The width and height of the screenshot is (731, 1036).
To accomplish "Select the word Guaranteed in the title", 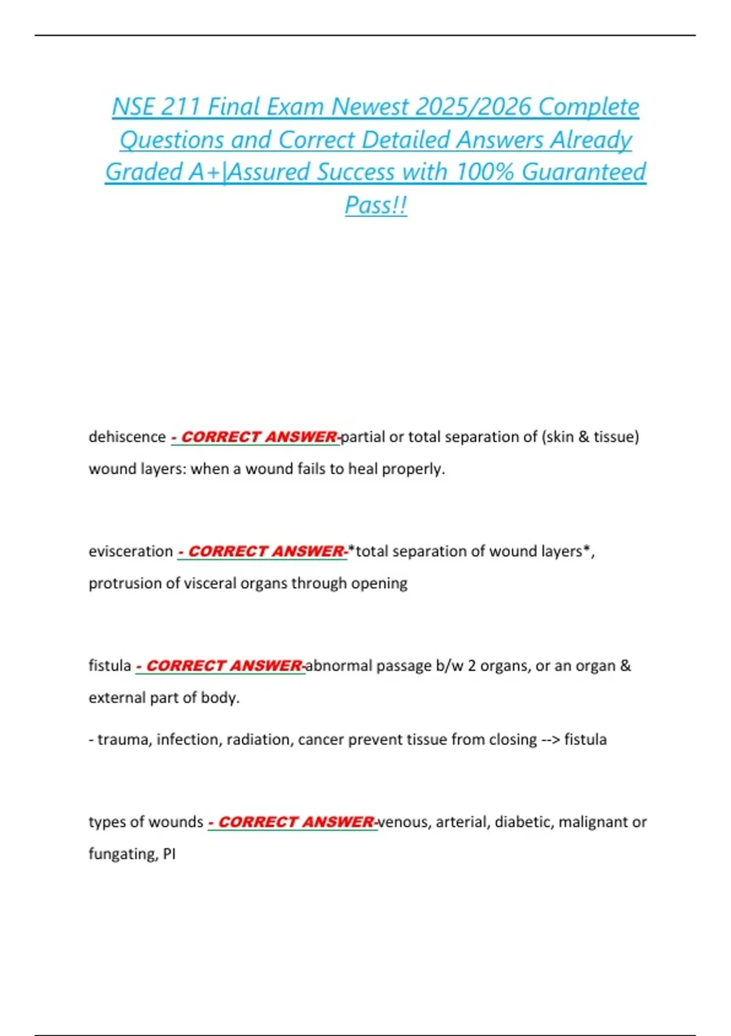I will pyautogui.click(x=584, y=172).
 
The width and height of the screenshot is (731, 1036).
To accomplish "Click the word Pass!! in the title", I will pyautogui.click(x=376, y=205).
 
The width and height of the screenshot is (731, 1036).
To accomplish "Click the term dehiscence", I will pyautogui.click(x=127, y=437).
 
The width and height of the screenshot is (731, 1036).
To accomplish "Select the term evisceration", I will pyautogui.click(x=131, y=552).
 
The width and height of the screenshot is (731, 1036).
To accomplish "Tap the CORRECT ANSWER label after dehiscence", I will pyautogui.click(x=255, y=437).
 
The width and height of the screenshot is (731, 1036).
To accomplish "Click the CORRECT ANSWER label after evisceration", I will pyautogui.click(x=263, y=552).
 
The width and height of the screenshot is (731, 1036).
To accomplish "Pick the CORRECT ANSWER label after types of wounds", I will pyautogui.click(x=292, y=822).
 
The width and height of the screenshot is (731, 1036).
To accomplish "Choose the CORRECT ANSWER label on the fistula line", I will pyautogui.click(x=221, y=665).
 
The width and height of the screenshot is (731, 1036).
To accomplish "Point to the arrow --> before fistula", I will pyautogui.click(x=550, y=740).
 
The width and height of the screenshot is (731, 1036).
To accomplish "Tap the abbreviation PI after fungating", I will pyautogui.click(x=169, y=854).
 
